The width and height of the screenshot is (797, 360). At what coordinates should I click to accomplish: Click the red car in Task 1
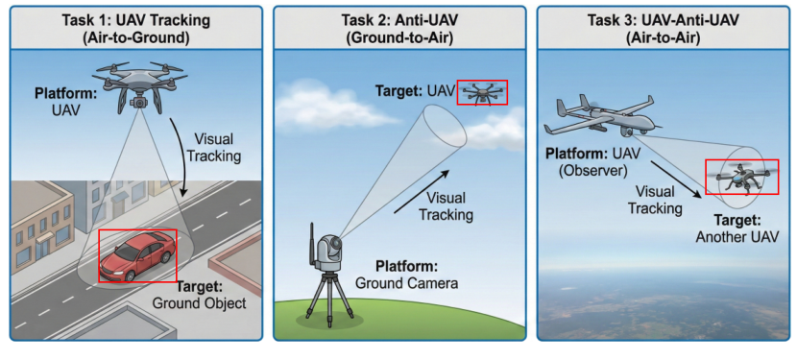137,254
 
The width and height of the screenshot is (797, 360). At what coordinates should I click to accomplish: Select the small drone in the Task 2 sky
482,92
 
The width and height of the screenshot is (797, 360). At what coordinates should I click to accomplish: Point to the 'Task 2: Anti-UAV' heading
398,19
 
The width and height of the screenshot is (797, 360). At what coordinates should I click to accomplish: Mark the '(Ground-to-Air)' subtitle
398,37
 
